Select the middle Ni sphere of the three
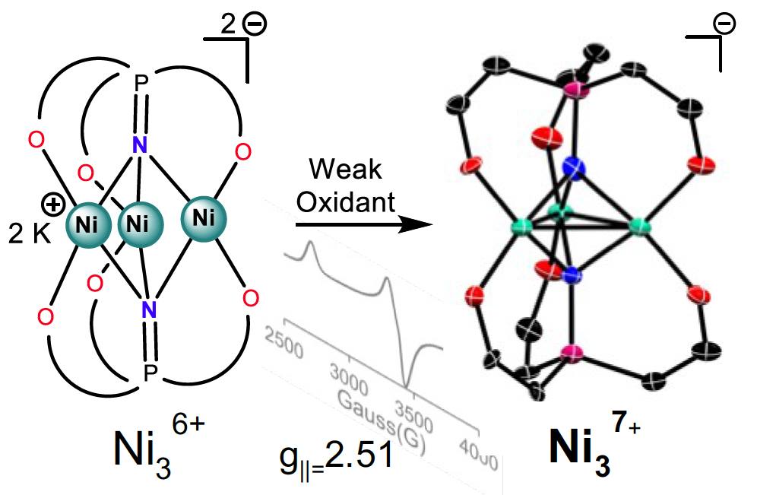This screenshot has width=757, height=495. tap(137, 225)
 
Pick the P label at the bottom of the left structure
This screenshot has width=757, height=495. tap(150, 372)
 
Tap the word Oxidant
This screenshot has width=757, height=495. tap(347, 201)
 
